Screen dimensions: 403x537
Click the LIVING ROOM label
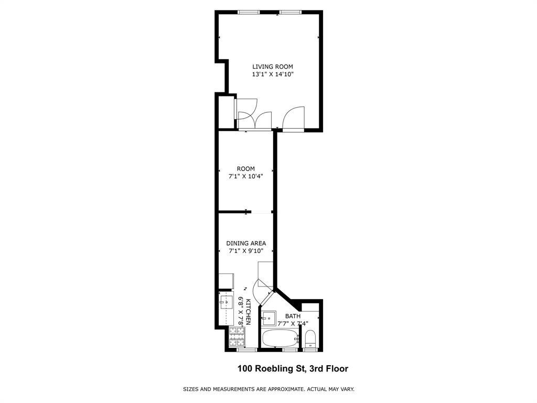pyautogui.click(x=272, y=67)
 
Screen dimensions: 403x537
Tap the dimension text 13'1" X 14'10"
pyautogui.click(x=272, y=75)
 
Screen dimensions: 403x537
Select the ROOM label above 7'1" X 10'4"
pyautogui.click(x=245, y=169)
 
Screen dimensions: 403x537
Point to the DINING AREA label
pyautogui.click(x=246, y=243)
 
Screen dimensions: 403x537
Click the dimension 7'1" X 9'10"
pyautogui.click(x=246, y=251)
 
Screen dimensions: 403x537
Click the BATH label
pyautogui.click(x=293, y=316)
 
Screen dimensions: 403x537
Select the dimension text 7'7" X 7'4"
pyautogui.click(x=296, y=323)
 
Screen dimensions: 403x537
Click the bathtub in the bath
pyautogui.click(x=280, y=338)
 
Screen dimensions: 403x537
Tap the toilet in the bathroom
pyautogui.click(x=310, y=338)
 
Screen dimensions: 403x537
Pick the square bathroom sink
pyautogui.click(x=269, y=317)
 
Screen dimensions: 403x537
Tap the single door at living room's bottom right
pyautogui.click(x=294, y=118)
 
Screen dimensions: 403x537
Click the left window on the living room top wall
pyautogui.click(x=246, y=12)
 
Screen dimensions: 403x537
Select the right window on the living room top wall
pyautogui.click(x=288, y=12)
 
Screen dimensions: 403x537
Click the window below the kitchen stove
pyautogui.click(x=242, y=349)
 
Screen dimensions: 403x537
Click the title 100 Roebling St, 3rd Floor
pyautogui.click(x=293, y=369)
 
